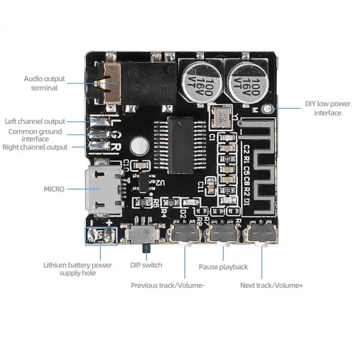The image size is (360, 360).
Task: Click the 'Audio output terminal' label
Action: (x=44, y=83)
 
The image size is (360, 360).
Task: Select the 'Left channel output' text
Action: (x=35, y=122)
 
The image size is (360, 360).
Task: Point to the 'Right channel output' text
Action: (x=35, y=147)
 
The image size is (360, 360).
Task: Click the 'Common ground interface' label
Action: (x=35, y=135)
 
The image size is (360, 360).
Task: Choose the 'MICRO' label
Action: (x=54, y=189)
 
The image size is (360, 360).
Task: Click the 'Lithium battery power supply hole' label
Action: (x=77, y=269)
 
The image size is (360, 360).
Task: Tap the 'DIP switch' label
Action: (x=146, y=265)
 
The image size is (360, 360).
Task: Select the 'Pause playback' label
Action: (x=223, y=267)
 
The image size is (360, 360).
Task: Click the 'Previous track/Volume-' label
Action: (x=168, y=285)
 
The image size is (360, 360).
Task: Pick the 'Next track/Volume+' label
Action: (x=272, y=285)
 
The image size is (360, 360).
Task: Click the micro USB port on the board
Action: (x=104, y=190)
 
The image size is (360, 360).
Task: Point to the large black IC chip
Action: (x=180, y=145)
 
